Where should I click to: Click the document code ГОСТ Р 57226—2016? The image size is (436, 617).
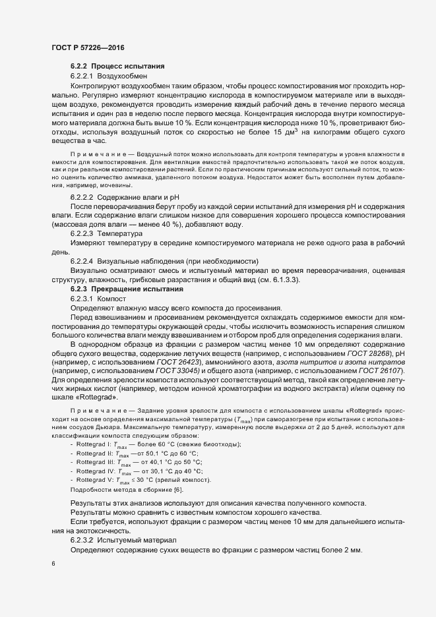click(87, 48)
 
